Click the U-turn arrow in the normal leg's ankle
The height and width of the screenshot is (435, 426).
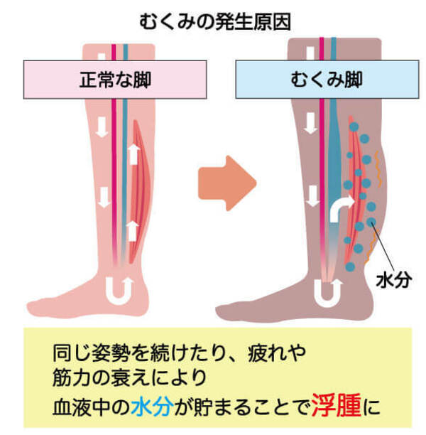116,289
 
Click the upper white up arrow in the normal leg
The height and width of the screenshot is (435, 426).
132,154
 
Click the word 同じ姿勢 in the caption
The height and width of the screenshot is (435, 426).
92,351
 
